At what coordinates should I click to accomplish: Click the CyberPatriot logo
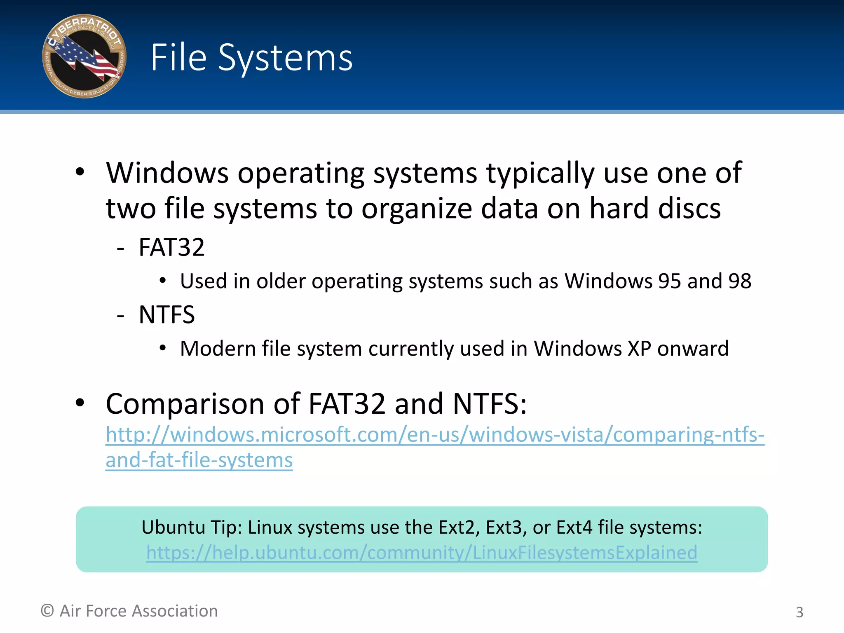pos(84,56)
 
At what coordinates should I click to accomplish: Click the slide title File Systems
pos(251,58)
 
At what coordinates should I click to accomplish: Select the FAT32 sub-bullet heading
pos(171,247)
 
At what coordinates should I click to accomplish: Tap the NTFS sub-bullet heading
pos(166,315)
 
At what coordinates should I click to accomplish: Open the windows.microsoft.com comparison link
pos(435,435)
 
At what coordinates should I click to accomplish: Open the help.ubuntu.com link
pos(422,553)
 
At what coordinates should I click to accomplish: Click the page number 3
pos(799,612)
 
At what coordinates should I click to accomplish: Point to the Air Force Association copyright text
pos(129,611)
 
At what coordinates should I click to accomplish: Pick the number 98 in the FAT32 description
pos(740,281)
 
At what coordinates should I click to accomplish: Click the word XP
pos(639,349)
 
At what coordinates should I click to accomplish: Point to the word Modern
pos(218,349)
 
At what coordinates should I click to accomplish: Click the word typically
pos(540,174)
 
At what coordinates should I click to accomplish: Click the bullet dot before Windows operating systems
pos(80,172)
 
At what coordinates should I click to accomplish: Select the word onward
pos(693,349)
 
